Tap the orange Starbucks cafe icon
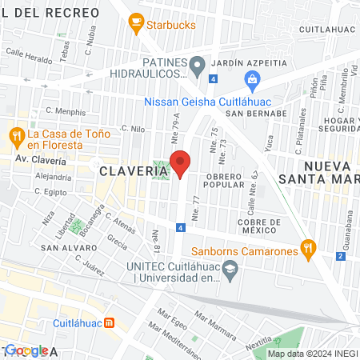tap(135, 26)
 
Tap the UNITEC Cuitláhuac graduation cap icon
tap(230, 273)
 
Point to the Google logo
tap(26, 350)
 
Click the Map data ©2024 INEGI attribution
tap(312, 354)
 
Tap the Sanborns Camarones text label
tap(247, 250)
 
